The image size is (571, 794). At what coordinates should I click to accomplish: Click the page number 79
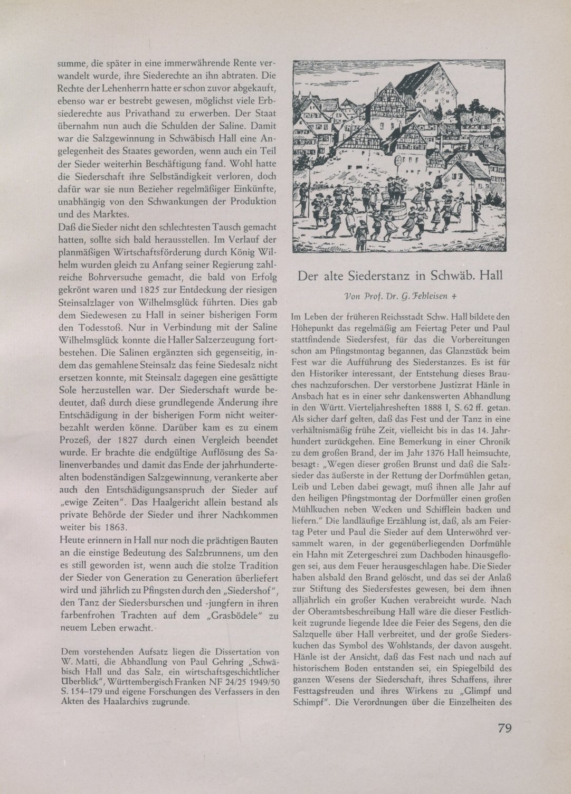coord(506,728)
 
